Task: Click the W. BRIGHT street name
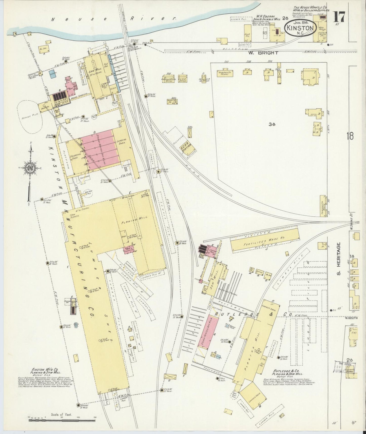click(x=267, y=53)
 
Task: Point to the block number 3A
click(x=272, y=124)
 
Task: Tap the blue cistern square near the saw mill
click(x=53, y=74)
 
